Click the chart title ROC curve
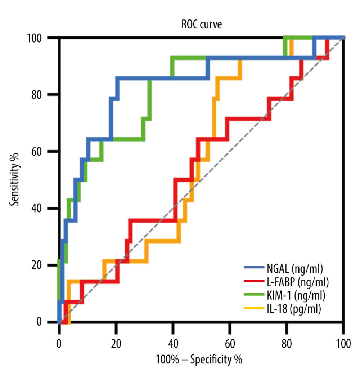pyautogui.click(x=201, y=25)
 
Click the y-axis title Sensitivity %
pyautogui.click(x=14, y=179)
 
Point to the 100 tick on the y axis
pyautogui.click(x=38, y=38)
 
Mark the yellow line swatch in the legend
pyautogui.click(x=254, y=309)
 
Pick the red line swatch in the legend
pyautogui.click(x=254, y=281)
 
